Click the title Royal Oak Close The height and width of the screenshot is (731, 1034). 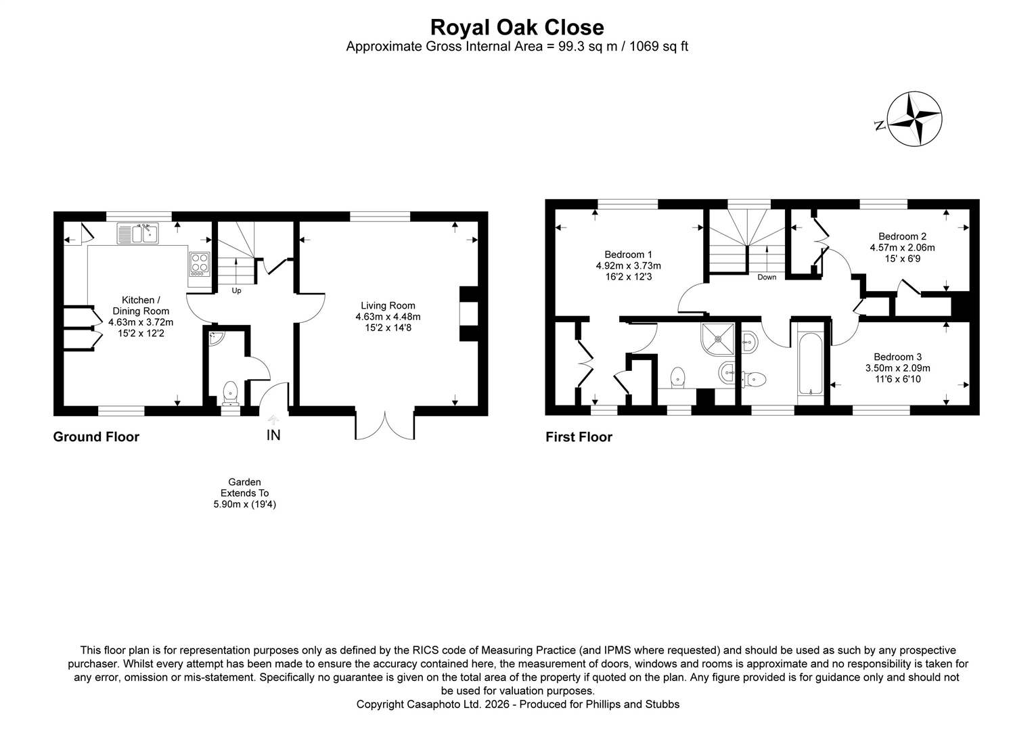click(x=517, y=27)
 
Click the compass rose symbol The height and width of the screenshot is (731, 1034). click(x=914, y=119)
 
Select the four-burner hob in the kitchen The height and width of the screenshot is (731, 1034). click(x=199, y=263)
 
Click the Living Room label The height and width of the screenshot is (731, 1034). click(x=388, y=305)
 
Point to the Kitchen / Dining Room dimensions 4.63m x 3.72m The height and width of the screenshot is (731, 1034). click(x=141, y=322)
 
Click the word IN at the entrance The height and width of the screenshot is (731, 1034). click(x=273, y=435)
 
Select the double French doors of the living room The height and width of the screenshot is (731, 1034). click(x=384, y=424)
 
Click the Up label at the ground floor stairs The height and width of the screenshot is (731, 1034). click(x=236, y=291)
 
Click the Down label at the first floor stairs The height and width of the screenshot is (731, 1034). click(x=767, y=278)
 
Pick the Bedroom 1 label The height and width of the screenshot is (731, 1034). click(x=628, y=254)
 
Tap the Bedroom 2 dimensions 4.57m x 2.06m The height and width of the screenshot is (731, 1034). click(x=902, y=248)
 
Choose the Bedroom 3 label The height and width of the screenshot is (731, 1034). click(x=897, y=357)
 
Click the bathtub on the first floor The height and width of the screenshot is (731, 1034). click(x=810, y=363)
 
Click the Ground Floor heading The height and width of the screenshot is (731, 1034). click(x=96, y=437)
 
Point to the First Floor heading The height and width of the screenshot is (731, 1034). click(x=579, y=437)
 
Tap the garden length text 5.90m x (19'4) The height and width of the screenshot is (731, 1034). click(x=244, y=504)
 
